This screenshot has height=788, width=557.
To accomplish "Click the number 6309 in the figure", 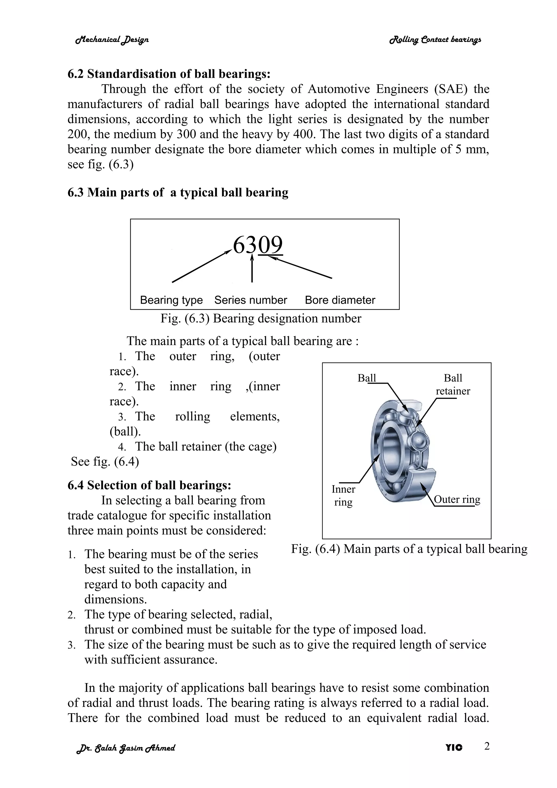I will (258, 245).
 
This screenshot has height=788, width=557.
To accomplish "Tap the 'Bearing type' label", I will (171, 300).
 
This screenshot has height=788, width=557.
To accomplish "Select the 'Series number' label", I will (250, 300).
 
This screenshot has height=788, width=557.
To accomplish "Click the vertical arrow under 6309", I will (252, 269).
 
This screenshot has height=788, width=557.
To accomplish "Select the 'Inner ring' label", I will (343, 495).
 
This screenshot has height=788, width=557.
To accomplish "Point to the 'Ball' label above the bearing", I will (367, 378).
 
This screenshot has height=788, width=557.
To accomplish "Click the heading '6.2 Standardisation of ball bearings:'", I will (169, 74).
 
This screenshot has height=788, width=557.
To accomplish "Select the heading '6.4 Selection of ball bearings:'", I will (149, 485).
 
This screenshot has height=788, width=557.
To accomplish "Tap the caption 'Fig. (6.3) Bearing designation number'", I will (261, 318).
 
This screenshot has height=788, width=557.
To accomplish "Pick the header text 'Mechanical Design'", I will (112, 40).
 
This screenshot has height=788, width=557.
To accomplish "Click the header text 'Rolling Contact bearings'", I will (435, 40).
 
